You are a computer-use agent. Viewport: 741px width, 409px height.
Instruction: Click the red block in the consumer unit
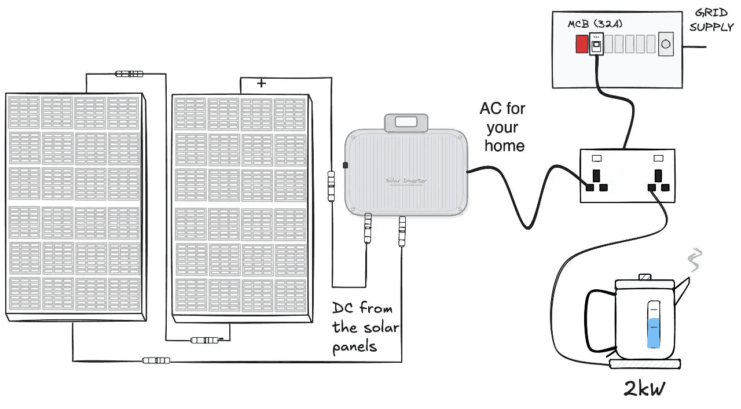point(581,45)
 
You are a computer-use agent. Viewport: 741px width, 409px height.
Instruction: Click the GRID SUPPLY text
point(711,21)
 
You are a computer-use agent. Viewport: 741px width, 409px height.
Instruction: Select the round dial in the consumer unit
point(666,44)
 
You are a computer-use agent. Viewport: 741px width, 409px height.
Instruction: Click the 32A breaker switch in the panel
point(595,45)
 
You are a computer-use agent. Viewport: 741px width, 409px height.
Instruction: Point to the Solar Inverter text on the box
point(406,180)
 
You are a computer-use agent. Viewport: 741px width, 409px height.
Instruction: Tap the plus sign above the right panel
point(261,84)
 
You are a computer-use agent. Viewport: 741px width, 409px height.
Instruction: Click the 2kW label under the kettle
point(644,389)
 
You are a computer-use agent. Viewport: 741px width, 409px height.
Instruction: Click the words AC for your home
point(502,127)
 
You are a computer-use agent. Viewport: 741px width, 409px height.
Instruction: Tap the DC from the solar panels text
point(365,327)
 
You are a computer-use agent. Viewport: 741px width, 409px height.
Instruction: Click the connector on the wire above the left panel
point(129,74)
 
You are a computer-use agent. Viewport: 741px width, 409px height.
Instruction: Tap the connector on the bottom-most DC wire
point(156,360)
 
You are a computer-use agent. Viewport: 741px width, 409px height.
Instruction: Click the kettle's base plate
point(644,364)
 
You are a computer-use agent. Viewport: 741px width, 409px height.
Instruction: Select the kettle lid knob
point(644,278)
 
